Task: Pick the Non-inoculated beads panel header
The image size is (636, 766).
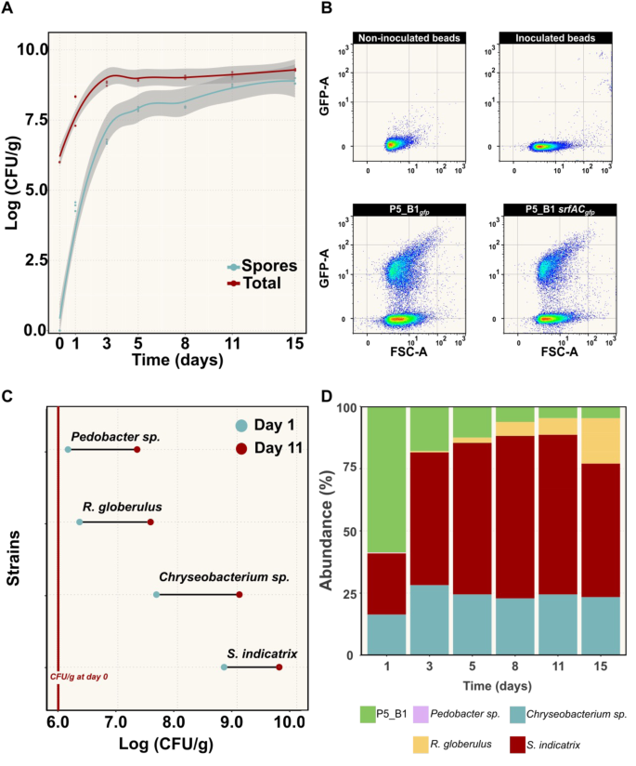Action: coord(409,38)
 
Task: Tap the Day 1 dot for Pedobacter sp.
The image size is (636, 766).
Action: coord(68,450)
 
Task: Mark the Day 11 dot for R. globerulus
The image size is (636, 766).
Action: coord(150,522)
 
